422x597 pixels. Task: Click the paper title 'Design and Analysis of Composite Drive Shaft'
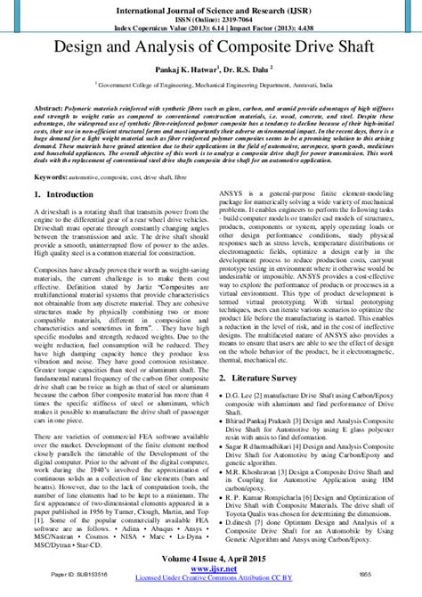(x=211, y=43)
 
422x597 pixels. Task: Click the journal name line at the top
(x=211, y=7)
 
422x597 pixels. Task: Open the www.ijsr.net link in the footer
(x=211, y=569)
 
